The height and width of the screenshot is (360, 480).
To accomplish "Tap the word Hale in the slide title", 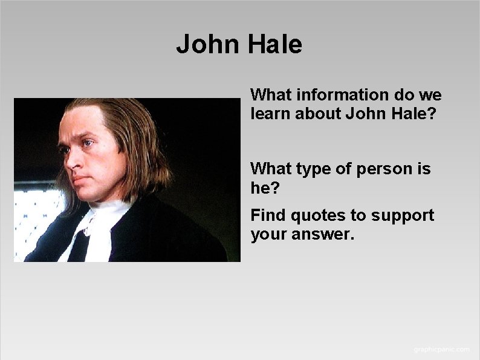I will click(x=275, y=45).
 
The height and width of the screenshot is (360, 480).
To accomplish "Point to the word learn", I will click(x=270, y=113).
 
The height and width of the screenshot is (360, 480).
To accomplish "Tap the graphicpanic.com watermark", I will click(x=441, y=350).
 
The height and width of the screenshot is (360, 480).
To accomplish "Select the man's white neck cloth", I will click(x=100, y=227).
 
